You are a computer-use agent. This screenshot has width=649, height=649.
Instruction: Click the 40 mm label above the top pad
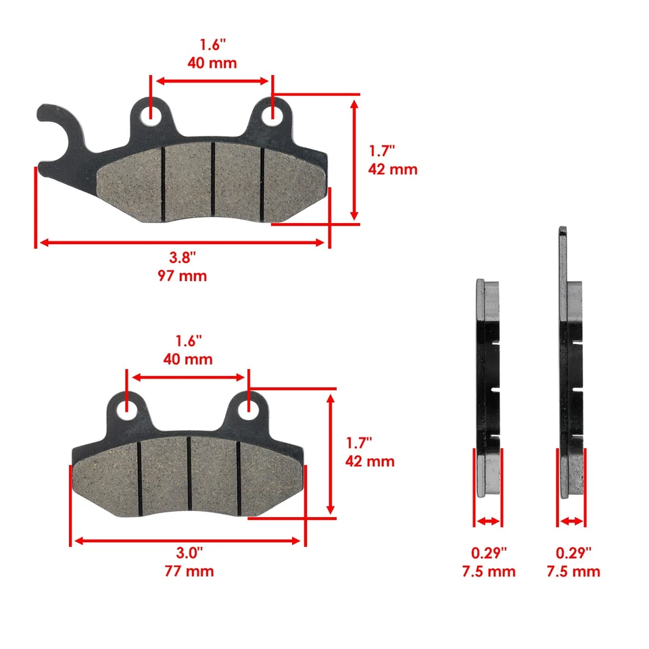point(212,64)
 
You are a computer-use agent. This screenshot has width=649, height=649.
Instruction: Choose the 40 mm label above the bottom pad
point(188,359)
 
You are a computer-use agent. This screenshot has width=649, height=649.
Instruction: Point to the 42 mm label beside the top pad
point(392,169)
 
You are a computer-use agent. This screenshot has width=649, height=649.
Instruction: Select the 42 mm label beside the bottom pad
point(370,462)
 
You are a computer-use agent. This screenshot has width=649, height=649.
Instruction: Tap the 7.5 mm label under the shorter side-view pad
point(488,571)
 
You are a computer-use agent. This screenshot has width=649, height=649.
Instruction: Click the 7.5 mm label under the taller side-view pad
point(573,571)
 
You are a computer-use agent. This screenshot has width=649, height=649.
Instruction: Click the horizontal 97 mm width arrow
point(181,242)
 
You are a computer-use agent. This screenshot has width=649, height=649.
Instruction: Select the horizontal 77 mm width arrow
point(187,540)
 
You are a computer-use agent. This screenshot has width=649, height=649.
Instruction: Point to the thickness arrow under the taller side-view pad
point(572,521)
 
